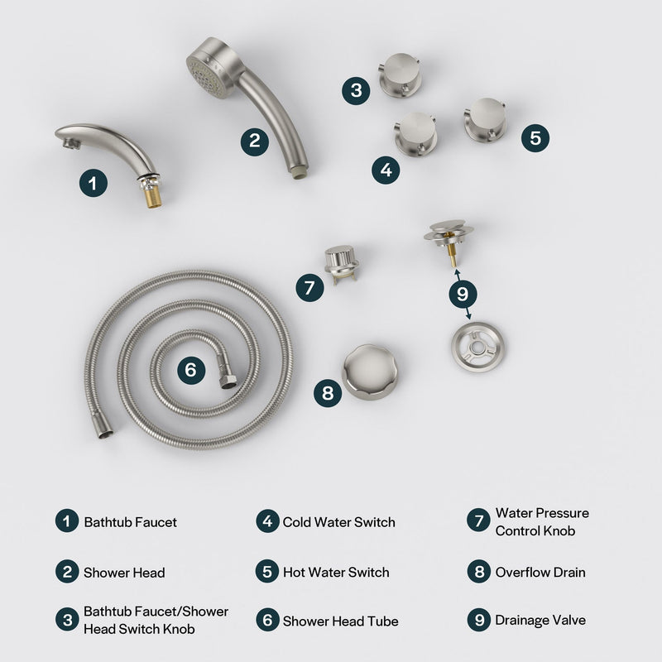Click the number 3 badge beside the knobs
(x=356, y=90)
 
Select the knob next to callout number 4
(x=415, y=133)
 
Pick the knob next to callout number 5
(x=484, y=119)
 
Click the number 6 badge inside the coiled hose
(x=191, y=370)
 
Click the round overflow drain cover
(x=369, y=372)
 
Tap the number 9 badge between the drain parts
(x=462, y=292)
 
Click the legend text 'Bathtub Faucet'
(x=131, y=522)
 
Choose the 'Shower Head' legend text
(x=124, y=573)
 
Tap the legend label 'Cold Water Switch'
(x=339, y=522)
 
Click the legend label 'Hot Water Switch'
(x=336, y=573)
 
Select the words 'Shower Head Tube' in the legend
(x=341, y=621)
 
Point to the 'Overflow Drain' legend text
(x=540, y=573)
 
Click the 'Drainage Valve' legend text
(x=540, y=620)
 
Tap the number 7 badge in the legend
(x=478, y=521)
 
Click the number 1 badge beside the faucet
(x=94, y=182)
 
